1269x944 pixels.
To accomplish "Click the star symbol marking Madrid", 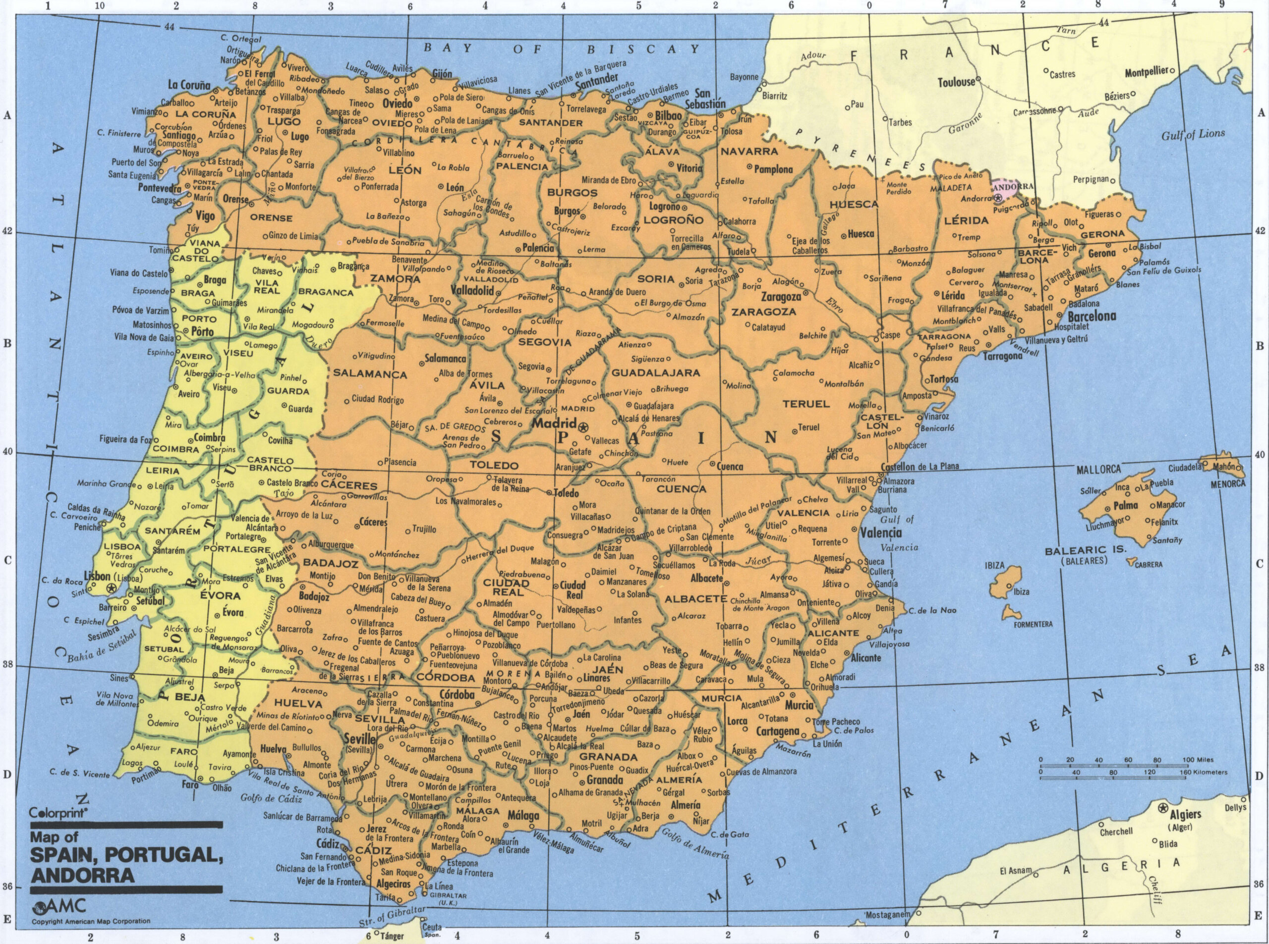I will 583,427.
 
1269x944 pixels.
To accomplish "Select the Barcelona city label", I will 1091,316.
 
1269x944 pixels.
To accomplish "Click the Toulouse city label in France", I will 956,82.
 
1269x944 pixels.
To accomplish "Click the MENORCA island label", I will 1227,484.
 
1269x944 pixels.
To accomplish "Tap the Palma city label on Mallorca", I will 1125,506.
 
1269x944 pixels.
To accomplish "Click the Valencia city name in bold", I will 881,533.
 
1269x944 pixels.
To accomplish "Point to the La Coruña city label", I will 189,85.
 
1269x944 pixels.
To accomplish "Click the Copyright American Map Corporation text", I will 91,921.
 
